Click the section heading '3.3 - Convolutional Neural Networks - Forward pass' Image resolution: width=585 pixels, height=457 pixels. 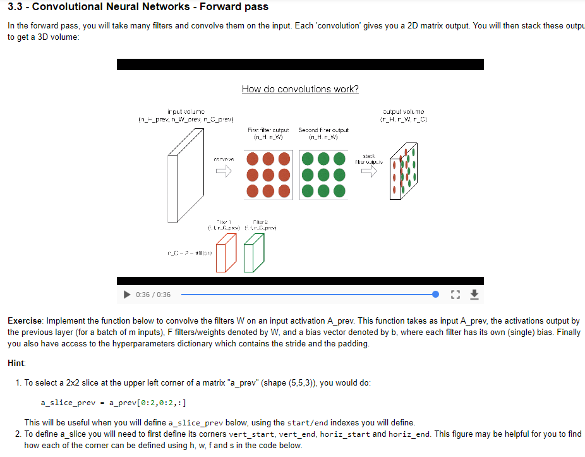pyautogui.click(x=138, y=7)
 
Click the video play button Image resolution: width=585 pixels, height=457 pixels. pyautogui.click(x=126, y=295)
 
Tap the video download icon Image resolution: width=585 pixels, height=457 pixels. pyautogui.click(x=476, y=295)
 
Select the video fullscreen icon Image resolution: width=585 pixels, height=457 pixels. pyautogui.click(x=455, y=295)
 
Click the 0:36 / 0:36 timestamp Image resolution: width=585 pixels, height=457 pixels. pyautogui.click(x=153, y=295)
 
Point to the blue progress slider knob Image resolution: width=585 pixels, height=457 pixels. pyautogui.click(x=435, y=295)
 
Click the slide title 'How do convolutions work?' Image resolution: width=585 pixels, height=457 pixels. pyautogui.click(x=300, y=89)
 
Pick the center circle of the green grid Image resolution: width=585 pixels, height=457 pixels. pyautogui.click(x=323, y=173)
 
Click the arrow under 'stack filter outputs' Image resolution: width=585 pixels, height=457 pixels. pyautogui.click(x=369, y=173)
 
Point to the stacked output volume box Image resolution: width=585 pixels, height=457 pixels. pyautogui.click(x=402, y=170)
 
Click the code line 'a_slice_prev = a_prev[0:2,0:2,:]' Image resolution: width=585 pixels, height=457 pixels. pyautogui.click(x=113, y=403)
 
